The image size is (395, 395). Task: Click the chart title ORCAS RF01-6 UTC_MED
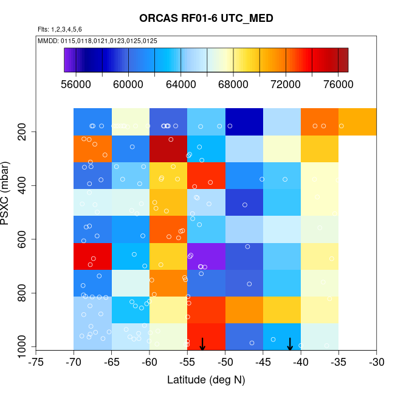pyautogui.click(x=206, y=18)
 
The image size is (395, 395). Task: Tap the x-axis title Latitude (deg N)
pyautogui.click(x=206, y=380)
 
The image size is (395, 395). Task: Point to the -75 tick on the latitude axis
pyautogui.click(x=36, y=363)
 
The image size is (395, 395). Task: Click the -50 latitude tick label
pyautogui.click(x=225, y=363)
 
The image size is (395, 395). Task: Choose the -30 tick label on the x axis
pyautogui.click(x=377, y=363)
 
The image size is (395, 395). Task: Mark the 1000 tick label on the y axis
pyautogui.click(x=22, y=347)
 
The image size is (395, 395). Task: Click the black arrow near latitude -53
pyautogui.click(x=202, y=344)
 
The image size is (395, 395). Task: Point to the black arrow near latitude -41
pyautogui.click(x=290, y=344)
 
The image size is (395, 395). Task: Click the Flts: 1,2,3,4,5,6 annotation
pyautogui.click(x=60, y=29)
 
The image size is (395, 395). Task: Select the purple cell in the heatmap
pyautogui.click(x=206, y=256)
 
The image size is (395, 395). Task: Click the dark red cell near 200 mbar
pyautogui.click(x=168, y=149)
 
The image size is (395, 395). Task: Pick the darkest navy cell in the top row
pyautogui.click(x=244, y=122)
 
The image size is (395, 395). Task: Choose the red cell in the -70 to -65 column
pyautogui.click(x=92, y=256)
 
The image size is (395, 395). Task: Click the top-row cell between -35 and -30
pyautogui.click(x=357, y=122)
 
